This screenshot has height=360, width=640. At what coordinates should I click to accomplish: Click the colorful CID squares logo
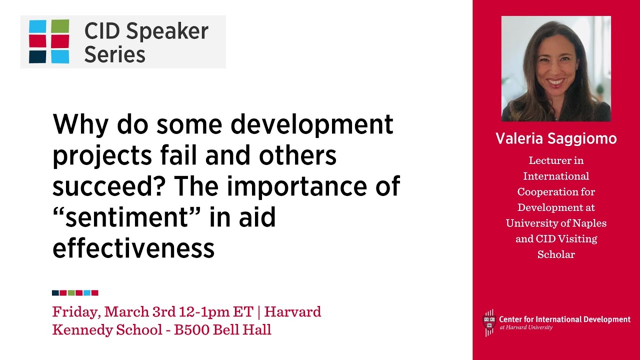pos(49,41)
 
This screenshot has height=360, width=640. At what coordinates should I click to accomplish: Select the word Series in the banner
pos(114,54)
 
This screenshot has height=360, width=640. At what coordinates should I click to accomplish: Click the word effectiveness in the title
pos(133,248)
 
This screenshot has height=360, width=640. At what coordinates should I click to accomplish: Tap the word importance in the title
pos(290,186)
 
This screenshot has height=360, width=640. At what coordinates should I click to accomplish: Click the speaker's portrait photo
pos(556,68)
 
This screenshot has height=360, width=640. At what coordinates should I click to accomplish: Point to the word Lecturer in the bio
pos(549,160)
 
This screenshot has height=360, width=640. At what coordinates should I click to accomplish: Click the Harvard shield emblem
pos(488,322)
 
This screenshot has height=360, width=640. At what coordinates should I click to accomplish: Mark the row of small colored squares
pos(75,293)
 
